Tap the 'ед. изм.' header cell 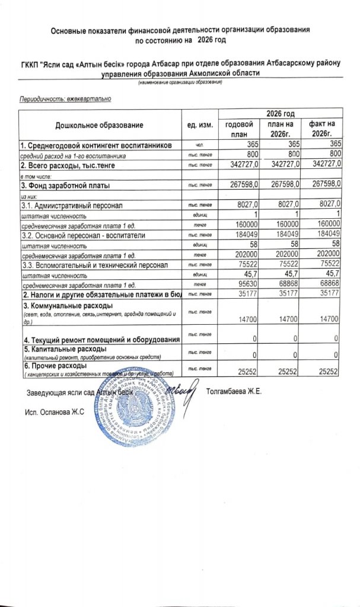tap(199, 125)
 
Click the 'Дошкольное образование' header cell tap(100, 125)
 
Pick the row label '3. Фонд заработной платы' tap(66, 186)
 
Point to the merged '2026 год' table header tap(281, 113)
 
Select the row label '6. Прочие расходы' tap(54, 367)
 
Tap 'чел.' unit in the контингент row tap(199, 145)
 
